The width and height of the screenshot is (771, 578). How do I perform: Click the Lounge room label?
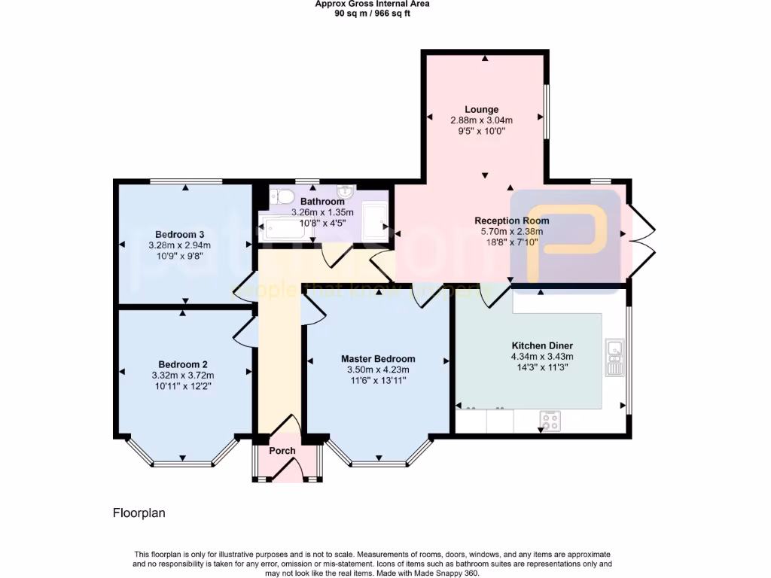point(481,110)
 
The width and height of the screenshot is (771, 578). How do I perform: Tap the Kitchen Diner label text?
point(542,346)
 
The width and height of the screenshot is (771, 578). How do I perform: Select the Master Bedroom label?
point(377,359)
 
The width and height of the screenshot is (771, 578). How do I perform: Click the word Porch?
point(282,451)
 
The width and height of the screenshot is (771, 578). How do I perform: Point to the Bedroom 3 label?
point(179,233)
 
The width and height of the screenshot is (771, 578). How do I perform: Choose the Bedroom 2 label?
point(182,364)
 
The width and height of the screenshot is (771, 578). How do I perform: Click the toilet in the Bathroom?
point(282,196)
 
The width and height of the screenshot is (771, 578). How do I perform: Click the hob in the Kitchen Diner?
point(550,421)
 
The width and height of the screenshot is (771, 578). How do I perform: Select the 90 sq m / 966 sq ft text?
point(373,13)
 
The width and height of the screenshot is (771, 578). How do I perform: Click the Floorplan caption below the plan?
point(139,513)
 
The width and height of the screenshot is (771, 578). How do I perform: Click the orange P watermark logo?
point(565,235)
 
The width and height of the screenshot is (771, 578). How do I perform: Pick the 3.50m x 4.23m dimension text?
point(377,370)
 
